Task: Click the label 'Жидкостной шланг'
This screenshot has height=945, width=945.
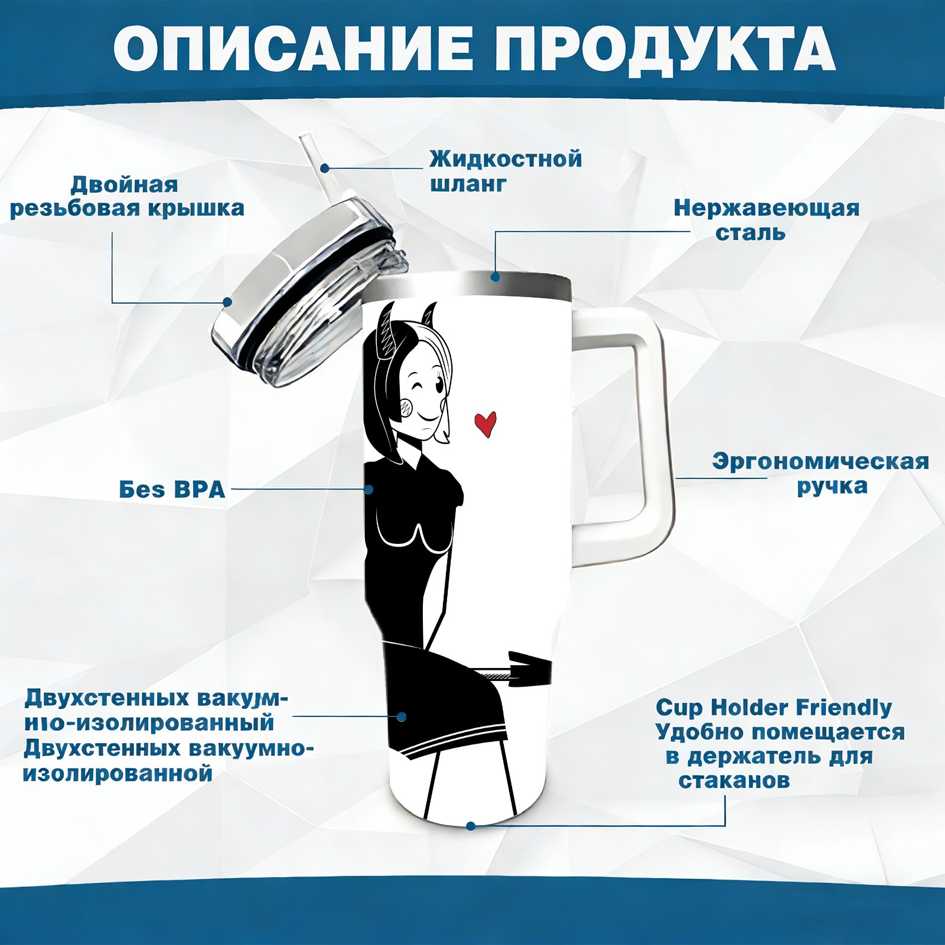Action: pos(506,171)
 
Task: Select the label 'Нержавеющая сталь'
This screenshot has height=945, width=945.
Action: pos(767,220)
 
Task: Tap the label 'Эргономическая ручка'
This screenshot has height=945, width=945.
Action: pos(820,474)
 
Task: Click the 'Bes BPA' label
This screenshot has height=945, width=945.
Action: pos(172,490)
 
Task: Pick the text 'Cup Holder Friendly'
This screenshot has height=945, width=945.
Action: pos(774,707)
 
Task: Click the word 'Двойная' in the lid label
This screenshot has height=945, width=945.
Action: pos(124,185)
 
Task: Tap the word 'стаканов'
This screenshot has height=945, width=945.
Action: pos(734,780)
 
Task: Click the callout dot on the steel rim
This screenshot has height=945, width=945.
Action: pos(495,276)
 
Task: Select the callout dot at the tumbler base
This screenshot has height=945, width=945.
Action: pos(471,826)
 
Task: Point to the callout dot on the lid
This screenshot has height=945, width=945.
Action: pos(227,302)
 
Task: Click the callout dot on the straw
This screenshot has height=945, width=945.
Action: pos(325,168)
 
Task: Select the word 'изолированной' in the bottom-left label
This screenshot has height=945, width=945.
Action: pos(118,774)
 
